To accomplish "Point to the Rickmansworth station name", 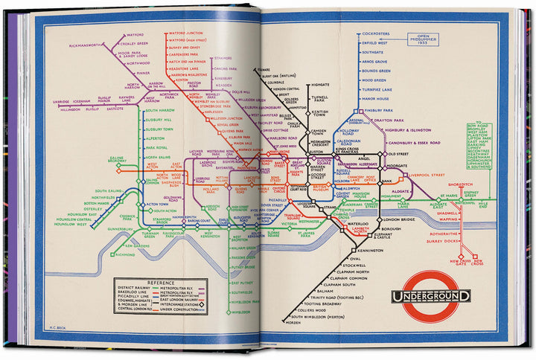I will coord(84,45).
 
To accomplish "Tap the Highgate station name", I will coord(319,86).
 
